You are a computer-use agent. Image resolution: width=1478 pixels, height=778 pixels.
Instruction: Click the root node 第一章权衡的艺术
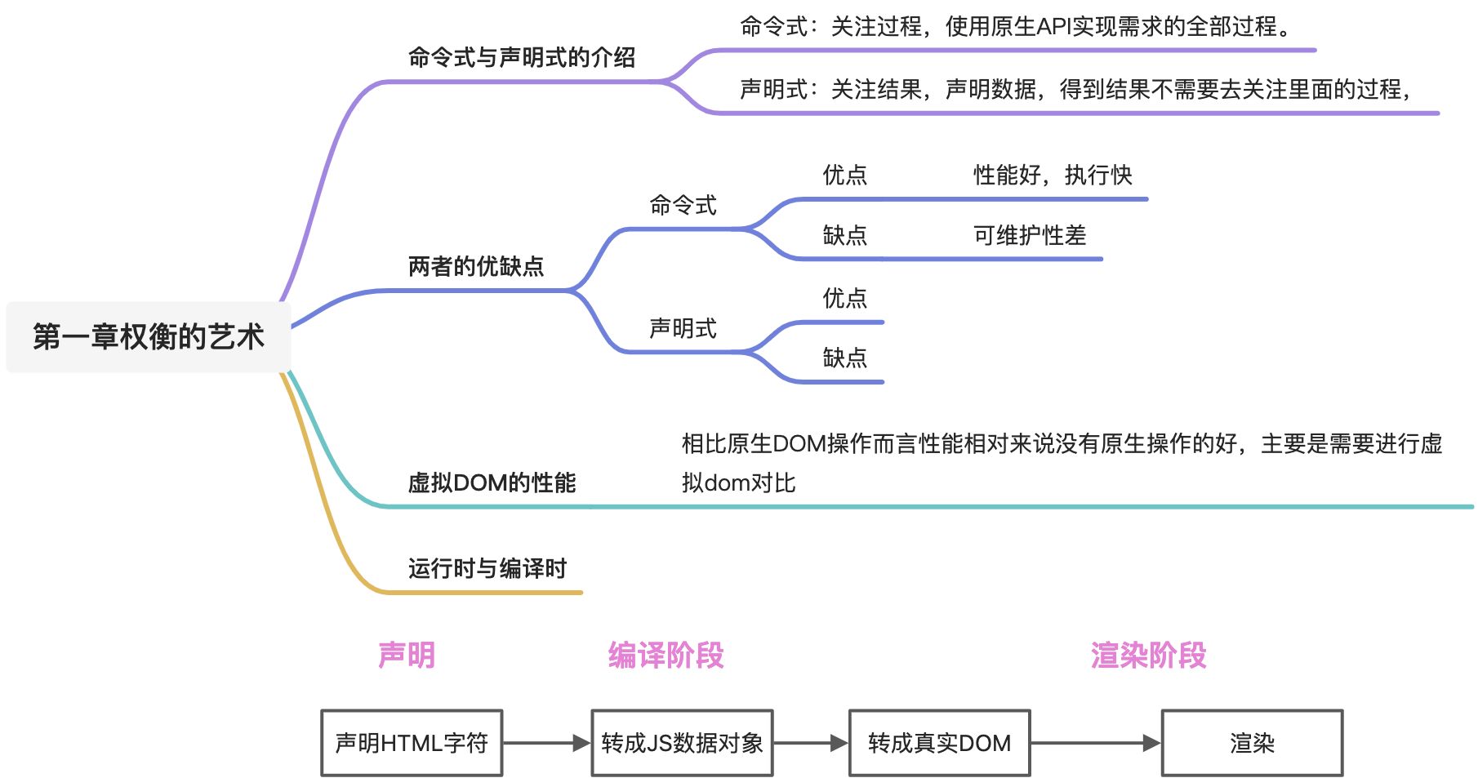coord(148,336)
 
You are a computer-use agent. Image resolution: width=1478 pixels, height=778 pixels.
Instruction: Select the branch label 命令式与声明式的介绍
coord(521,57)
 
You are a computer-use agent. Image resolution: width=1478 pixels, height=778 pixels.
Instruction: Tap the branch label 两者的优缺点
coord(475,266)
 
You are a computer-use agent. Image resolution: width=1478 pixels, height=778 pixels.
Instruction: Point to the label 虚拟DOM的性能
coord(492,482)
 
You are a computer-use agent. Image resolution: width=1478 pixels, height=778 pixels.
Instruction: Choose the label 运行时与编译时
coord(487,568)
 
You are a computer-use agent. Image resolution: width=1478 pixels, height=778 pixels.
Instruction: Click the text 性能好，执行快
coord(1052,175)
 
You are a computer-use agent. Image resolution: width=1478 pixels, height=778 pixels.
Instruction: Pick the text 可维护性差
coord(1029,236)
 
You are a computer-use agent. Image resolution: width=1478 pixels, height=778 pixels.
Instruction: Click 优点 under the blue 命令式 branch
coord(844,175)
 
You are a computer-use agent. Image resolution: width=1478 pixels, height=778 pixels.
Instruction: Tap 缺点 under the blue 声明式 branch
coord(844,358)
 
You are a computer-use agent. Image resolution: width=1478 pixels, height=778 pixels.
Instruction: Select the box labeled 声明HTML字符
coord(412,743)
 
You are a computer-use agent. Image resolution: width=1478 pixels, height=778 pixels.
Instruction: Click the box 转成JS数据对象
coord(682,743)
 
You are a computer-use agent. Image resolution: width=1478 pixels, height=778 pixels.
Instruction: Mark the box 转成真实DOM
coord(939,743)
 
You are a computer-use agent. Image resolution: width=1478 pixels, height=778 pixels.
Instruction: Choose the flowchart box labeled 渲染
coord(1252,743)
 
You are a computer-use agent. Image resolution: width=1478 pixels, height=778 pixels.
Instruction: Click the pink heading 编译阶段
coord(666,655)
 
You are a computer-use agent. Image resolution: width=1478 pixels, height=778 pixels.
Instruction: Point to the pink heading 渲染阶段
coord(1148,655)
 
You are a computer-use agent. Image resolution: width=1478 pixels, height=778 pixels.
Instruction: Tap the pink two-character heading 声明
coord(406,655)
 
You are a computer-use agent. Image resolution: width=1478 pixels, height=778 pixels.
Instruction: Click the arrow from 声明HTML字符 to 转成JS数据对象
coord(546,743)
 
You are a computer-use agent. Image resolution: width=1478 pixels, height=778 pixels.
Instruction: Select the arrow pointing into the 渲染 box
coord(1095,743)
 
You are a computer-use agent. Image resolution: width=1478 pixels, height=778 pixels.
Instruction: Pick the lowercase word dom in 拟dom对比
coord(727,483)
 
